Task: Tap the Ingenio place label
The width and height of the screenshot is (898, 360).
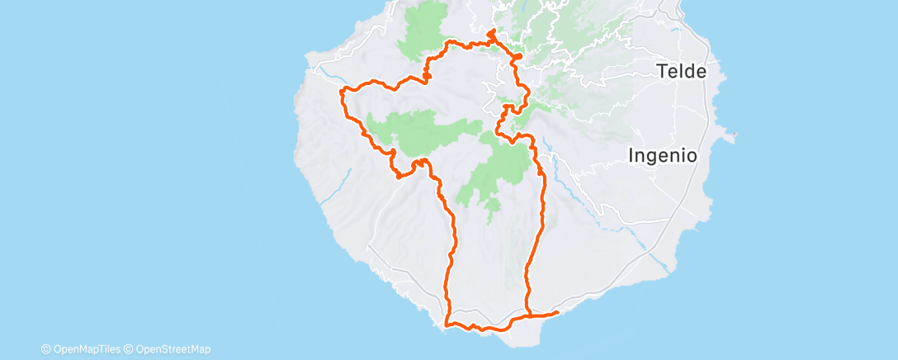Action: pyautogui.click(x=663, y=154)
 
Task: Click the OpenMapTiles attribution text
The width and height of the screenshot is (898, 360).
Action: pyautogui.click(x=89, y=350)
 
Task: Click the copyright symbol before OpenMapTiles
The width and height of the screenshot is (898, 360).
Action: pyautogui.click(x=45, y=350)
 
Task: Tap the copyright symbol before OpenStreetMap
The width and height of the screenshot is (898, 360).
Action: pyautogui.click(x=129, y=350)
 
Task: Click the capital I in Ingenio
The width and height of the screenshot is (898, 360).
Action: pyautogui.click(x=631, y=154)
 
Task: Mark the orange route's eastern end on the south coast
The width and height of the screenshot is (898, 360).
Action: pyautogui.click(x=557, y=312)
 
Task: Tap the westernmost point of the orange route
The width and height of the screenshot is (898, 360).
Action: pyautogui.click(x=341, y=92)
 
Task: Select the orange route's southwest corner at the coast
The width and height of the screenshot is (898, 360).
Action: pyautogui.click(x=447, y=324)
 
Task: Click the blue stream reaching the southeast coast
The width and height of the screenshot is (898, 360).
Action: pyautogui.click(x=660, y=262)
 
